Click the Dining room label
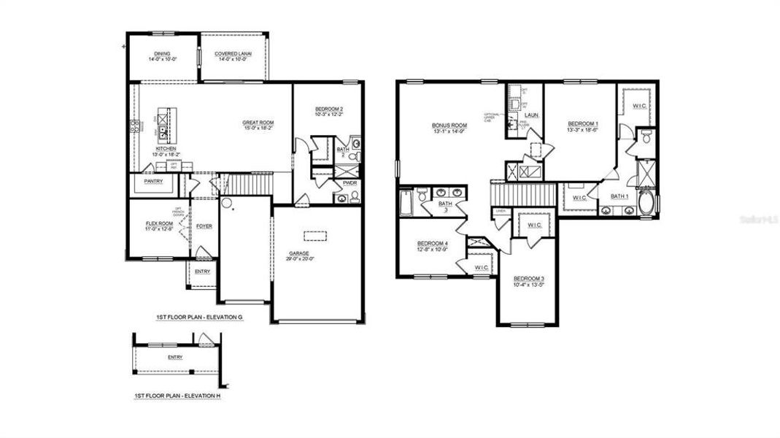coord(163,53)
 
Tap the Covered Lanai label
coord(233,53)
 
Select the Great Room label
coord(258,123)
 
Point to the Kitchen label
coord(166,148)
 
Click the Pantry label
coord(153,180)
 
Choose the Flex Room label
coord(159,223)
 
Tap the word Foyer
coord(204,226)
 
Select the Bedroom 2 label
coord(328,109)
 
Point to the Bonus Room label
coord(449,125)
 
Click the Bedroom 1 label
coord(583,124)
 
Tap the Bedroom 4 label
coord(431,243)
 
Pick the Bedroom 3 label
coord(528,279)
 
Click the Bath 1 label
coord(619,196)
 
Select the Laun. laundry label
coord(531,115)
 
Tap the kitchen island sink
coord(166,131)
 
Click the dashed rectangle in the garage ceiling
coord(314,235)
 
